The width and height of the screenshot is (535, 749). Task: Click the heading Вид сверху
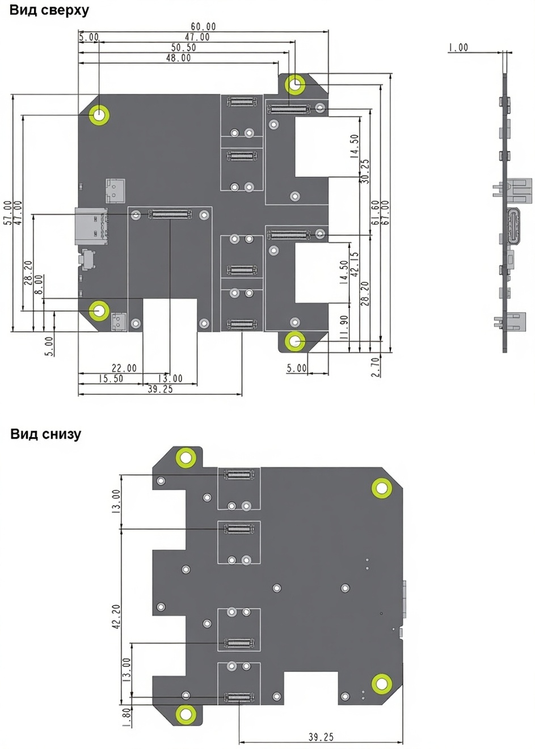[x=49, y=10]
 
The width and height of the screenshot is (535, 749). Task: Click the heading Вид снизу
[x=45, y=434]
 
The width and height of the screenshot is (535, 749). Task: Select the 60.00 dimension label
[x=203, y=27]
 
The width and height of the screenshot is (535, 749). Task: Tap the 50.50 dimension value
[x=184, y=48]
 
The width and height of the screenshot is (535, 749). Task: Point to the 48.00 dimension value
[x=178, y=58]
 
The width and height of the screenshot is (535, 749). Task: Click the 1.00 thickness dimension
[x=458, y=48]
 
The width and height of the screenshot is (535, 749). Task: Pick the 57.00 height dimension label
[x=8, y=213]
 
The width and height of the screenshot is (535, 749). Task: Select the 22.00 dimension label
[x=124, y=368]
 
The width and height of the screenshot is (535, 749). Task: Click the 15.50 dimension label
[x=111, y=379]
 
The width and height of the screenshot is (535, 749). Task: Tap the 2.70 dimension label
[x=376, y=367]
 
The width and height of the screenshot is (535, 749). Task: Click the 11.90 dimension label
[x=344, y=328]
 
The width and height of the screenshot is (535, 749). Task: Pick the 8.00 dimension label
[x=39, y=285]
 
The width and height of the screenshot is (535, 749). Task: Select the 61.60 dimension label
[x=376, y=213]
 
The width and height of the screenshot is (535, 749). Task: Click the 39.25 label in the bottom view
[x=321, y=737]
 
